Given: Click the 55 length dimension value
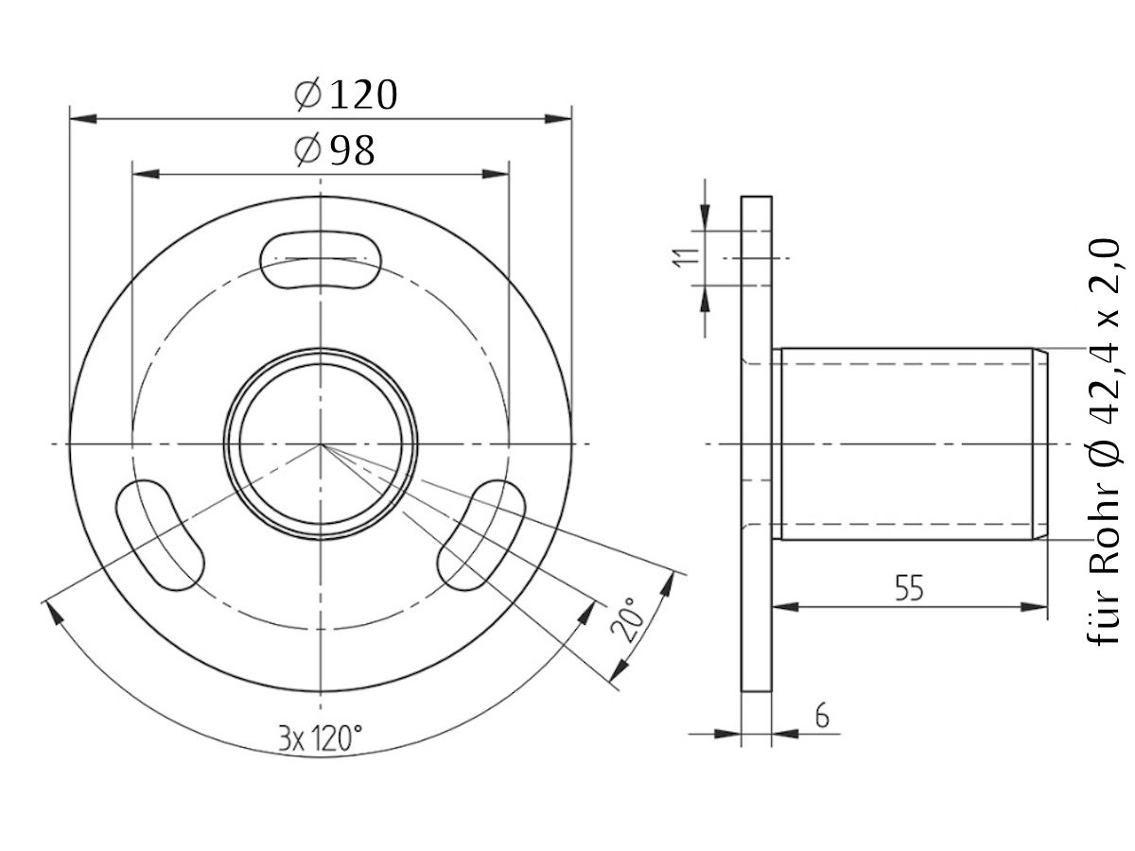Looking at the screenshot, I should [x=909, y=588].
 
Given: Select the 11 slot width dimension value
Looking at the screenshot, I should [x=688, y=256].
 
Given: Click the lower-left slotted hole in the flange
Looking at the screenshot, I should [x=160, y=535].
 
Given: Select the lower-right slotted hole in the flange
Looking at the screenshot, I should [x=481, y=535].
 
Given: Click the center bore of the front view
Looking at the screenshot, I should [x=321, y=443].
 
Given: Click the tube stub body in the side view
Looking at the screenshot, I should [x=903, y=443].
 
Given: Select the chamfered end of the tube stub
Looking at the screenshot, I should [x=1039, y=443].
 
